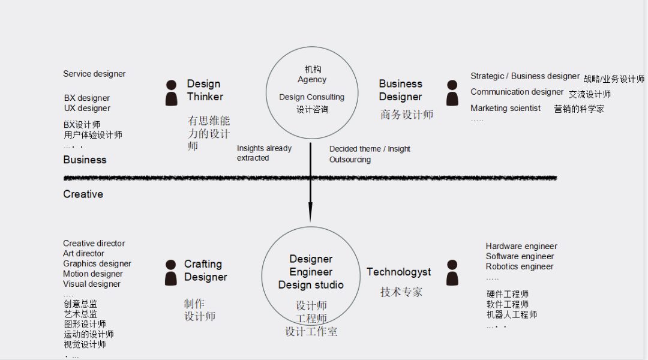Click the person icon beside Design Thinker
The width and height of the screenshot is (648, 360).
point(172,93)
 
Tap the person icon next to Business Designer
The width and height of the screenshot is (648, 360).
point(452,93)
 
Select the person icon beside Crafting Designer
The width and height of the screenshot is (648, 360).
point(172,272)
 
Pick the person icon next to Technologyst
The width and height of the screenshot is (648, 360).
point(452,272)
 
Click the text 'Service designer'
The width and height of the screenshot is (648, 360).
point(94,74)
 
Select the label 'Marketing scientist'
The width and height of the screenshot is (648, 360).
point(505,109)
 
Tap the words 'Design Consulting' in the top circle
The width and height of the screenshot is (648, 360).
point(311,97)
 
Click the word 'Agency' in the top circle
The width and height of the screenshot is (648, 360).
point(312,80)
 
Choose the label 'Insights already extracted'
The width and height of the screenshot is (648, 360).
point(264,153)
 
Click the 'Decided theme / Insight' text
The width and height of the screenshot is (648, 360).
point(370,149)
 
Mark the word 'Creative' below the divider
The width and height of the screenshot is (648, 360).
point(83,194)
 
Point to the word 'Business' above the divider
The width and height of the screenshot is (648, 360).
point(85,160)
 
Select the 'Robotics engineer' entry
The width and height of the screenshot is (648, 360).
point(520,266)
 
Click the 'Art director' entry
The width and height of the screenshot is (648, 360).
point(83,253)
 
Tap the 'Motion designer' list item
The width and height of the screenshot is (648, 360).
point(93,274)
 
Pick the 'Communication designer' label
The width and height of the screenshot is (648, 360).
point(517,92)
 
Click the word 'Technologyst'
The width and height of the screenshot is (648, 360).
point(398,272)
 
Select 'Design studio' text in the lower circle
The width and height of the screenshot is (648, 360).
point(311,285)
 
